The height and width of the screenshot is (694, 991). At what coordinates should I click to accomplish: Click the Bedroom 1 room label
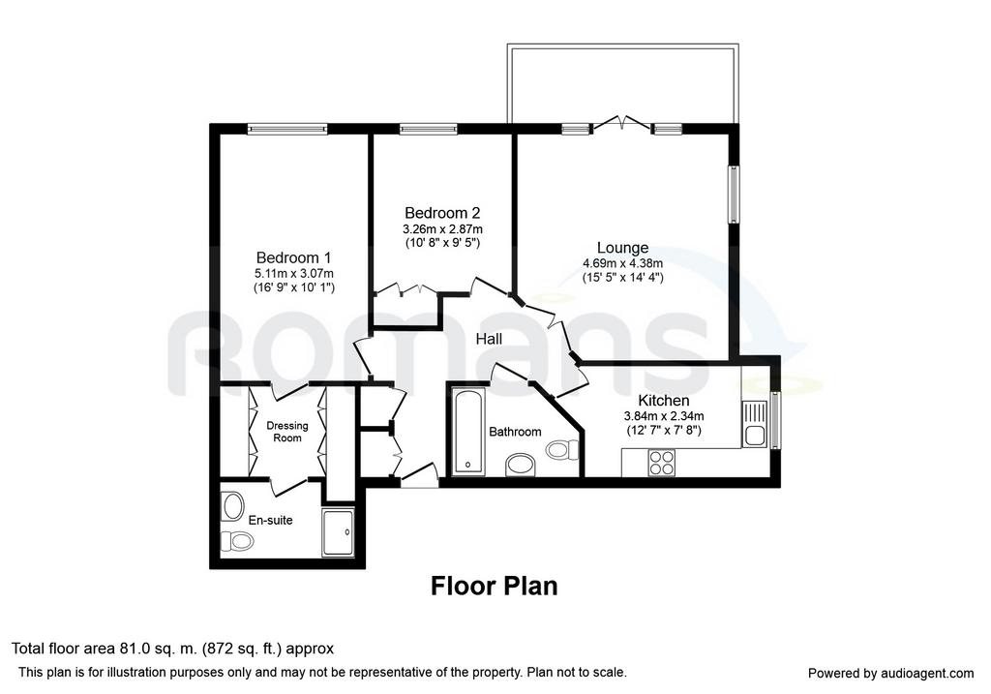(x=293, y=257)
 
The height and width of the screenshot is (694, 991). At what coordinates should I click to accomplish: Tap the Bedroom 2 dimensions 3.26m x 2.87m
(x=442, y=229)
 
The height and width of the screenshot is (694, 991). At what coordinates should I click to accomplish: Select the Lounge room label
(x=622, y=248)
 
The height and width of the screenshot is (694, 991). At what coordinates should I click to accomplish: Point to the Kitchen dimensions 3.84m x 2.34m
(x=664, y=416)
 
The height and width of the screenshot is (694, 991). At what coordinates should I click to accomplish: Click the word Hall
(x=489, y=340)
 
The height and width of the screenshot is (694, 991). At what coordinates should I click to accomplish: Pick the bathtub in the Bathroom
(x=468, y=432)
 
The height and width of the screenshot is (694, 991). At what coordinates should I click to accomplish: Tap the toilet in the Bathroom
(x=563, y=449)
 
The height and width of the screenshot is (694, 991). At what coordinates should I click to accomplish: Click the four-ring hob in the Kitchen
(x=662, y=462)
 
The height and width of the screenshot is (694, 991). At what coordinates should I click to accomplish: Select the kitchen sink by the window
(x=754, y=425)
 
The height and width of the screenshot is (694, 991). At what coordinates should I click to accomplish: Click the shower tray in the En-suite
(x=339, y=532)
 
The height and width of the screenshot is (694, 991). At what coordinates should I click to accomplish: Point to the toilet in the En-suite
(x=237, y=541)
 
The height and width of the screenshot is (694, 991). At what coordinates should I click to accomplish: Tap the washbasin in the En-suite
(x=233, y=505)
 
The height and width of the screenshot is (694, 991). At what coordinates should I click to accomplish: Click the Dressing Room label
(x=286, y=432)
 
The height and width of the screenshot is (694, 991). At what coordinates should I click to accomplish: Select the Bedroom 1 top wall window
(x=287, y=129)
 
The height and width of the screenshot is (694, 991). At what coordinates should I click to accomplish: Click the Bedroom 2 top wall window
(x=429, y=129)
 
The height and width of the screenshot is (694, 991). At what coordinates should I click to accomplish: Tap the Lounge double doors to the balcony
(x=622, y=123)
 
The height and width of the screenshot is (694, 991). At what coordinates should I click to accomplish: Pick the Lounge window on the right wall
(x=734, y=194)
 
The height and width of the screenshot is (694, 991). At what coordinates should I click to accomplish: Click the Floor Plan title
(x=495, y=586)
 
